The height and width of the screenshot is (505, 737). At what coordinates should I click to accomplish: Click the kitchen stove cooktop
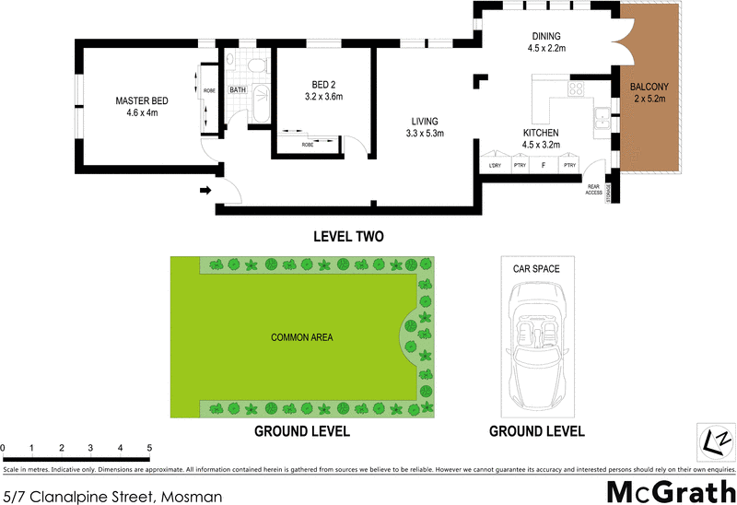click(x=576, y=89)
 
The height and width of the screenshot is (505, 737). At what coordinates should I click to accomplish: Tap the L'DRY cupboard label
click(x=495, y=166)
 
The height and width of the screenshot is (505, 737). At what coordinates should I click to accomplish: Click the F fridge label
click(x=544, y=166)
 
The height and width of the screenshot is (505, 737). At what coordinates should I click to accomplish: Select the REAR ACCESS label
click(x=594, y=190)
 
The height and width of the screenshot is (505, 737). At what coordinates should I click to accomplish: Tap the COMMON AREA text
click(x=302, y=337)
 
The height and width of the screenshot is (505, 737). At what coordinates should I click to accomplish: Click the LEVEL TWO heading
click(x=349, y=237)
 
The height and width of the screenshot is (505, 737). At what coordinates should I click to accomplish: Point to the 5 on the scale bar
click(x=148, y=449)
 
